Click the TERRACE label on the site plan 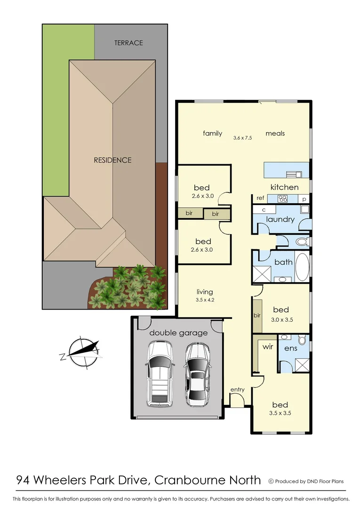click(128, 43)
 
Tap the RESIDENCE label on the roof click(112, 160)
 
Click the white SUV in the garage click(160, 374)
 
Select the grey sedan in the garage click(197, 374)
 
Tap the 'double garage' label click(178, 333)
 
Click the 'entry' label click(237, 389)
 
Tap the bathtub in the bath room click(303, 267)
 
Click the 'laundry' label click(280, 219)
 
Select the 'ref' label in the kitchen click(260, 198)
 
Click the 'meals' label click(275, 133)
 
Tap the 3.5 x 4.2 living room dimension click(205, 300)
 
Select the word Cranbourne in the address click(196, 480)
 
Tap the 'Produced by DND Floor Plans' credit click(306, 481)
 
